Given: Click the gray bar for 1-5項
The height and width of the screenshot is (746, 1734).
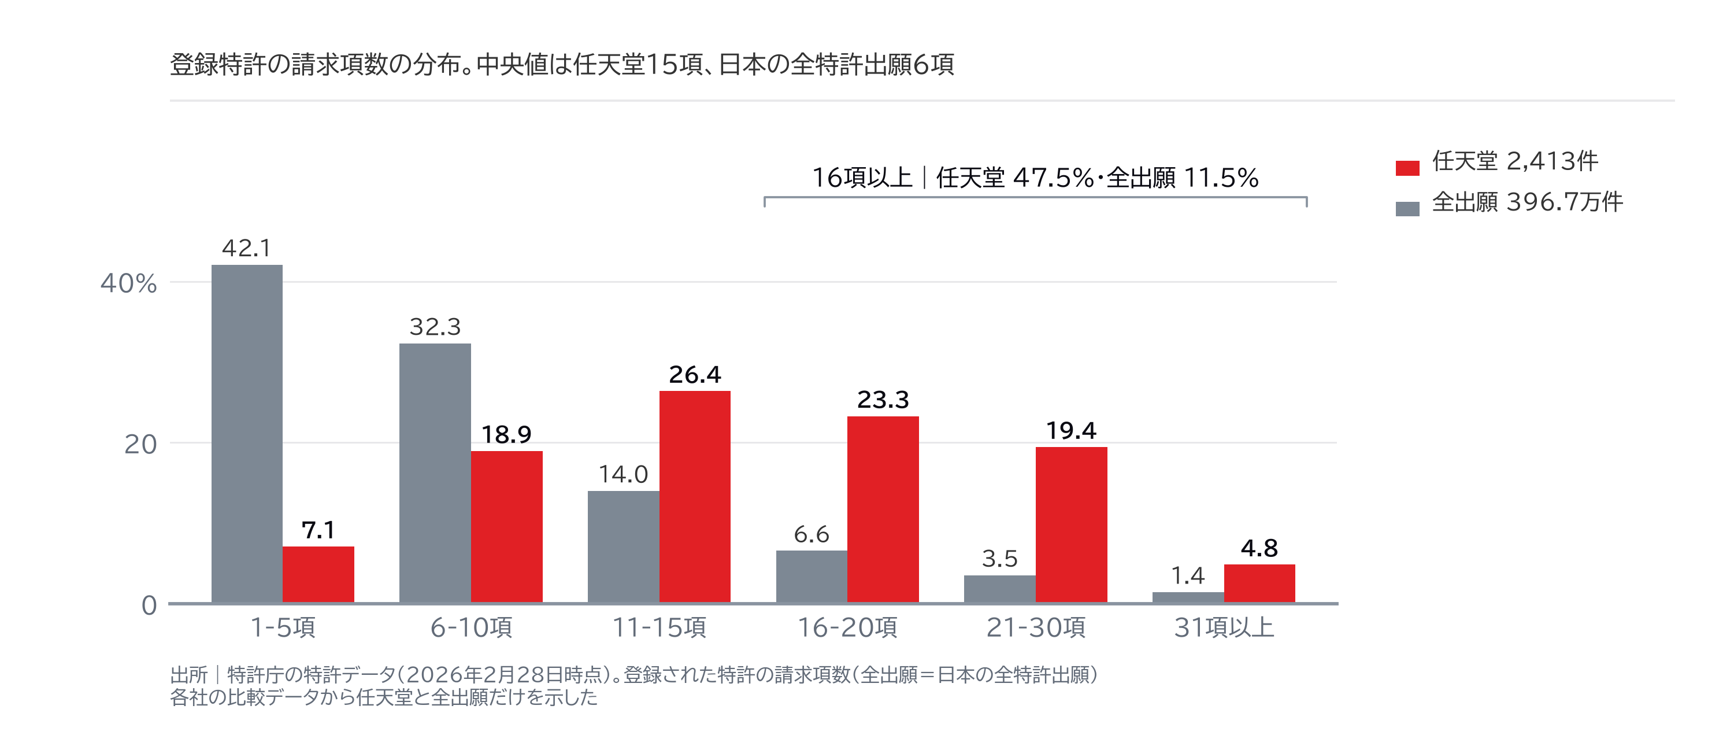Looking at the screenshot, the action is pos(247,434).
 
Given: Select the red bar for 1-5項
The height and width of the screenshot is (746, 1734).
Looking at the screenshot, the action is pos(318,574).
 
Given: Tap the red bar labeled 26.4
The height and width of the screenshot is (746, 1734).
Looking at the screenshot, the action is pos(695,497).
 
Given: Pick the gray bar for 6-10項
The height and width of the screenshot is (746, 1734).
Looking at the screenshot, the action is pos(435,473).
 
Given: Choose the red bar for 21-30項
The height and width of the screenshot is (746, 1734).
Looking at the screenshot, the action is pos(1072,525).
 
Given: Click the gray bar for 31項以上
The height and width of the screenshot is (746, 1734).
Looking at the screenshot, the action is pos(1188,597).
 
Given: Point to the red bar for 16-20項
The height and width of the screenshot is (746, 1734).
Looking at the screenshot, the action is pos(883,509).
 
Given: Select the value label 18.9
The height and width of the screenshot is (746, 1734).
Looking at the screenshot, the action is pos(506,435).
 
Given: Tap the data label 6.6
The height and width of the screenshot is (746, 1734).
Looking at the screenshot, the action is pos(812,534).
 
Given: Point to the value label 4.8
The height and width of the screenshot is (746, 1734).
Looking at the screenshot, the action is pos(1259,549).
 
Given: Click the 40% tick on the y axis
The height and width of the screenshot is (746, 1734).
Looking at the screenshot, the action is pos(128,283).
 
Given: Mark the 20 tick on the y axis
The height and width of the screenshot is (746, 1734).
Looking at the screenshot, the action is pos(140,444).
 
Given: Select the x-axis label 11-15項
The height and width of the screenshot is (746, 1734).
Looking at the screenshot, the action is pos(659,627).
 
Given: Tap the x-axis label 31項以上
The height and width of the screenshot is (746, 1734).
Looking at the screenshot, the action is pos(1224,627).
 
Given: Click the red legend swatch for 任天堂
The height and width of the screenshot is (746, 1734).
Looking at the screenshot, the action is pos(1407,168).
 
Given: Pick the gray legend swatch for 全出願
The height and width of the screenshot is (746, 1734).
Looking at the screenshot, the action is pos(1407,209).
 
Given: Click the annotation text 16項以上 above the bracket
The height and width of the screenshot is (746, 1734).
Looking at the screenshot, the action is pos(862,178).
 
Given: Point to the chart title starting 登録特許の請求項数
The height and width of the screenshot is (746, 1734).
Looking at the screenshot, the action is pos(562,65).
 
